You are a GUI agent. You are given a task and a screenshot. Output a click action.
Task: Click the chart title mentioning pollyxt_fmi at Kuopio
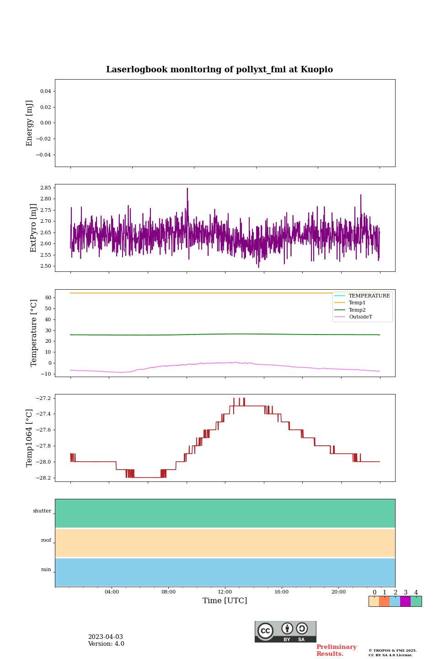click(219, 70)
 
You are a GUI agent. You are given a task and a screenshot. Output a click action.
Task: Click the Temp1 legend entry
click(357, 303)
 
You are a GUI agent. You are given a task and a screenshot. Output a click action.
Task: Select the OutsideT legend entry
click(360, 317)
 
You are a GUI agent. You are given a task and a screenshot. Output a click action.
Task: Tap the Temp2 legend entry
click(357, 310)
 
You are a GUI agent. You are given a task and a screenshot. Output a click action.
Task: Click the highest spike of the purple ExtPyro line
click(187, 189)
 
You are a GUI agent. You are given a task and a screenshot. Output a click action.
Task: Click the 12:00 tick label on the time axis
click(225, 592)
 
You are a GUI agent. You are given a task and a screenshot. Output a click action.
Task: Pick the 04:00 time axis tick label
click(112, 592)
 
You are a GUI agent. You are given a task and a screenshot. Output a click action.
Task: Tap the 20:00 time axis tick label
click(338, 592)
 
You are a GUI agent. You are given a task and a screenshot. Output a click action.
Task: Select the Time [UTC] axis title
click(225, 601)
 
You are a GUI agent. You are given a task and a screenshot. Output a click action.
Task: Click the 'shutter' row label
click(42, 511)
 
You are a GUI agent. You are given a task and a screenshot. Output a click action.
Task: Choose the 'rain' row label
click(46, 570)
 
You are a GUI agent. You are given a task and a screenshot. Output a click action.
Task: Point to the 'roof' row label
click(46, 540)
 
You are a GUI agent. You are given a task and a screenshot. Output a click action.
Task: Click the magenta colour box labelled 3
click(405, 601)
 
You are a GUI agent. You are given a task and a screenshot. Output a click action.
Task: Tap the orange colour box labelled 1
click(384, 601)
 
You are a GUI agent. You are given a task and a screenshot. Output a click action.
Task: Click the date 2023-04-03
click(106, 637)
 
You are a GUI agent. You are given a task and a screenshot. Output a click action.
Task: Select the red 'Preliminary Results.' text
click(336, 650)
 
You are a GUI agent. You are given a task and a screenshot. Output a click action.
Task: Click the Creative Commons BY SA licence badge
click(285, 632)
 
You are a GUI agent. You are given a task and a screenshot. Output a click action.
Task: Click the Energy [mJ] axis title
click(30, 123)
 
